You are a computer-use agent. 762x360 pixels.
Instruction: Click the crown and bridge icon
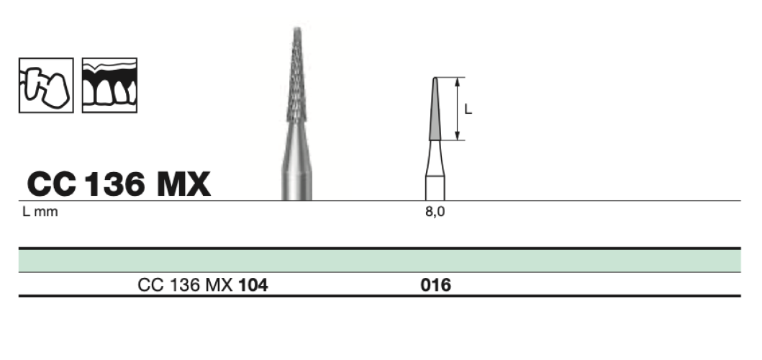coord(45,85)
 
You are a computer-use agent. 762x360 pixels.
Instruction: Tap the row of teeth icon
coord(109,85)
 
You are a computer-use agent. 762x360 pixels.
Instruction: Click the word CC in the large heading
coord(51,185)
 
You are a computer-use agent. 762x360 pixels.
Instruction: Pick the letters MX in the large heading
coord(182,185)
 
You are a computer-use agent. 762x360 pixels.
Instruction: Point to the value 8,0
coord(435,212)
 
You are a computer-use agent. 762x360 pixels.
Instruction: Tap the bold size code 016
coord(435,286)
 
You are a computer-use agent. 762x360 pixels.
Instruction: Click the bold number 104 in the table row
coord(253,286)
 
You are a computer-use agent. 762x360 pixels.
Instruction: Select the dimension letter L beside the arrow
coord(468,109)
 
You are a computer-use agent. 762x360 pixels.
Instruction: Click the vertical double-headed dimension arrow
coord(457,109)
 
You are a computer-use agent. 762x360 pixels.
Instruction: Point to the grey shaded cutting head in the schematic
coord(435,112)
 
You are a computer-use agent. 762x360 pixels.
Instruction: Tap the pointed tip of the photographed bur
coord(296,30)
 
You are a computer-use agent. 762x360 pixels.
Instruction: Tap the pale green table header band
coord(379,260)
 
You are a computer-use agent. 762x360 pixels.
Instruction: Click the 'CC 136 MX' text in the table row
coord(184,286)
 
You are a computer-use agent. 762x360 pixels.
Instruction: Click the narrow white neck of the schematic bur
coord(435,158)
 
